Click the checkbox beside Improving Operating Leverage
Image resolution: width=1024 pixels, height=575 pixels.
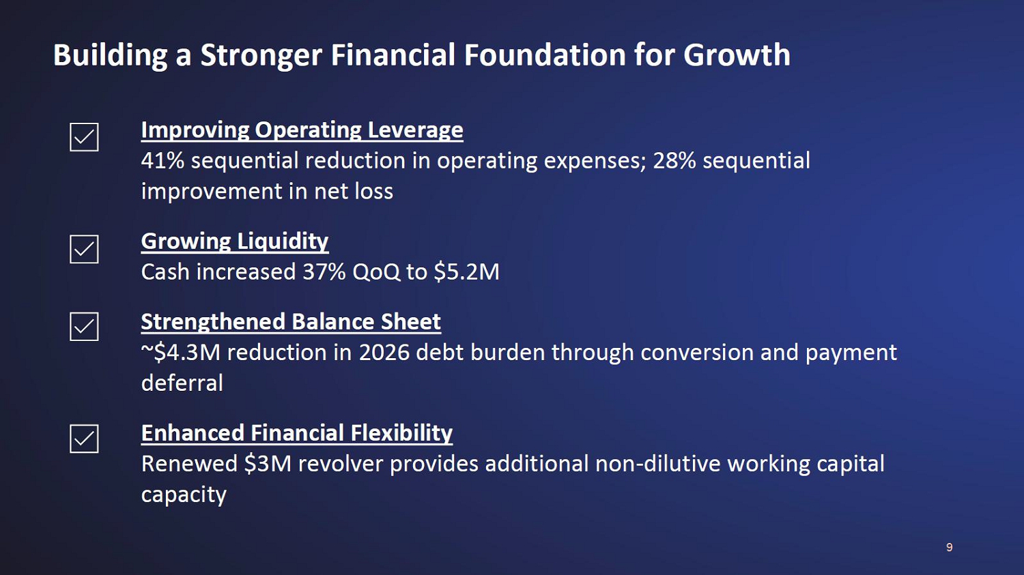pos(84,137)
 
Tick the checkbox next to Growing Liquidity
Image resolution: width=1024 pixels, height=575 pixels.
pos(84,250)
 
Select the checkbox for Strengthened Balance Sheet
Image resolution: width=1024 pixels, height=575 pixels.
pos(84,327)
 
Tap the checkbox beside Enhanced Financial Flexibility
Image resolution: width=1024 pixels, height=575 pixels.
pos(84,439)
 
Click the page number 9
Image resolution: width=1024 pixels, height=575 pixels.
pos(950,547)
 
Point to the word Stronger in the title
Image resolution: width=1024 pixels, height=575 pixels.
pos(261,56)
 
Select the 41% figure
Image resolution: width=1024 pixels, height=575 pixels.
pos(162,160)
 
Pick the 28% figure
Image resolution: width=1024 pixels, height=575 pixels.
pos(674,160)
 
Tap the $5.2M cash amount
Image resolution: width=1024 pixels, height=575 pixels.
pos(467,271)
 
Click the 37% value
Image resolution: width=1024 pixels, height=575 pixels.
pos(324,271)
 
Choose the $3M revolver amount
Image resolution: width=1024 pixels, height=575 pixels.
pos(268,464)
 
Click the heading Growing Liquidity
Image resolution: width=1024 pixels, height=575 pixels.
pos(235,241)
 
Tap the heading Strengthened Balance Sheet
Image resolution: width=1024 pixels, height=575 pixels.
pos(291,321)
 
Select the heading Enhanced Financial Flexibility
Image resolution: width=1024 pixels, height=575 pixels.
pos(297,433)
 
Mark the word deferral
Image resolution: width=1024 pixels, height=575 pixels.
pos(182,383)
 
